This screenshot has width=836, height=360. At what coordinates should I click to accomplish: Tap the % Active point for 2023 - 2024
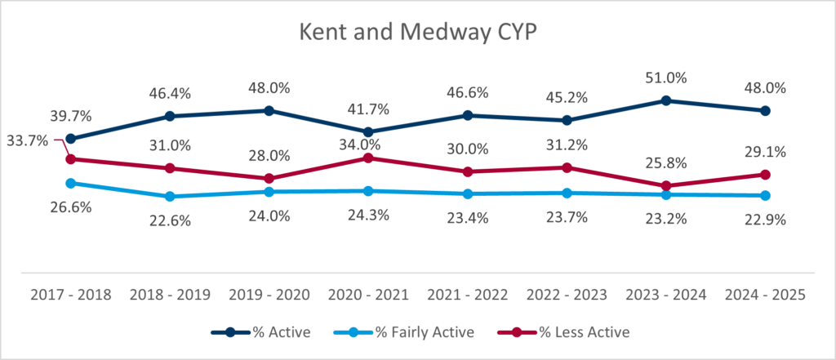666,100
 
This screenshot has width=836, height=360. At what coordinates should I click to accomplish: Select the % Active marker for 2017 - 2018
70,139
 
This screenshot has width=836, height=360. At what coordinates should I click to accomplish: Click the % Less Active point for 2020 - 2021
368,158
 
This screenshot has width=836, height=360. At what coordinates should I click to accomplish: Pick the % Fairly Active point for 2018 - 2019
170,197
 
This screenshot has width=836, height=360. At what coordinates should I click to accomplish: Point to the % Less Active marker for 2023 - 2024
666,186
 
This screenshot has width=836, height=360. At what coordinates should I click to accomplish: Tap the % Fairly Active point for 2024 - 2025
766,196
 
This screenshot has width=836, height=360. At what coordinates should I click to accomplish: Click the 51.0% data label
666,78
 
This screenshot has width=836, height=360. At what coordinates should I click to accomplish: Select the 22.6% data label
170,220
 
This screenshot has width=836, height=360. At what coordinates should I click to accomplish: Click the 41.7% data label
368,109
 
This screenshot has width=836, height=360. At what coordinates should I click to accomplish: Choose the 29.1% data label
766,152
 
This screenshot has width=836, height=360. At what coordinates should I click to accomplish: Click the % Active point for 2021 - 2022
468,115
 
